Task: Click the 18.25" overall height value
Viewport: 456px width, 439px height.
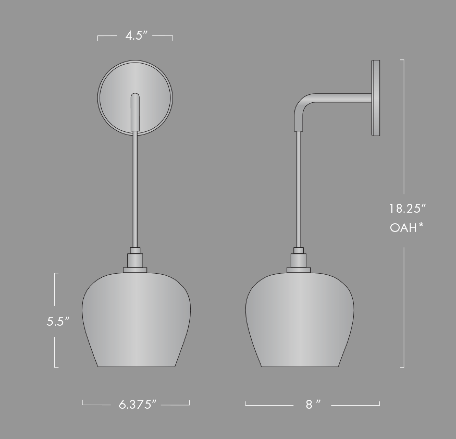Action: tap(408, 209)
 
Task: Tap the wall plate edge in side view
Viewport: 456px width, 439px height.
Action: tap(375, 98)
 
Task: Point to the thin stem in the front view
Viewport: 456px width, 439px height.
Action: tap(135, 190)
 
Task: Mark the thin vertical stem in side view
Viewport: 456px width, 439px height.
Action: tap(299, 190)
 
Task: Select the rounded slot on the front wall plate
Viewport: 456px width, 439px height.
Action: tap(135, 112)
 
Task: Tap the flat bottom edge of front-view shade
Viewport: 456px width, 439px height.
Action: tap(136, 367)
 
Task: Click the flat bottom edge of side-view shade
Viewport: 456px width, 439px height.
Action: tap(300, 367)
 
